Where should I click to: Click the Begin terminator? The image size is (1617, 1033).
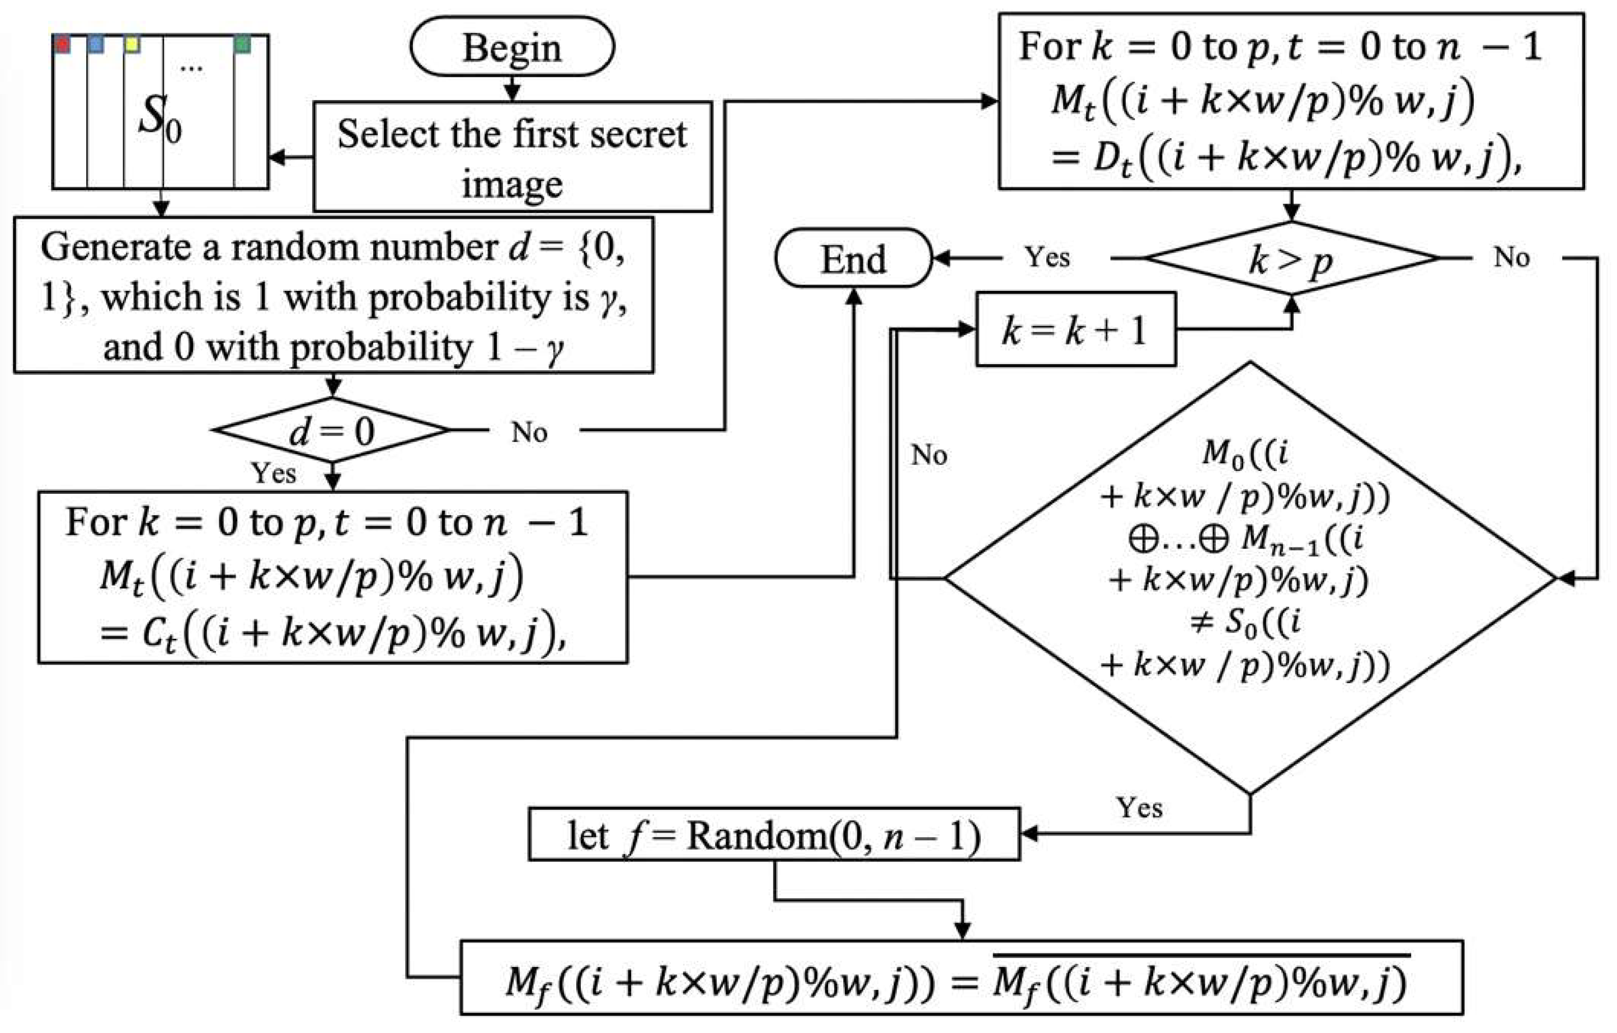tap(512, 47)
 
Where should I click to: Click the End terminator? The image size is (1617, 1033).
tap(853, 258)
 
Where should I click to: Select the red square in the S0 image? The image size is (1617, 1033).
tap(63, 44)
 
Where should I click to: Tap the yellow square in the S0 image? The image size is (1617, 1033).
tap(132, 44)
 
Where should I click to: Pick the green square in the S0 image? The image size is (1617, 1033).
tap(242, 44)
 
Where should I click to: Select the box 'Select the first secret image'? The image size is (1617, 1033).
tap(512, 157)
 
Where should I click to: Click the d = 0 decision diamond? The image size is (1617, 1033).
tap(332, 430)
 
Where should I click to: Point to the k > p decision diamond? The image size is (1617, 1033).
tap(1291, 258)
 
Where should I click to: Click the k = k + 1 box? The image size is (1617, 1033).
tap(1075, 329)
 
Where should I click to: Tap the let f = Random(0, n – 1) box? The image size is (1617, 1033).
tap(774, 836)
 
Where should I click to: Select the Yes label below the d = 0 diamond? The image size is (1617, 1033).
tap(273, 473)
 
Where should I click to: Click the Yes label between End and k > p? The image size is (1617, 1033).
tap(1047, 257)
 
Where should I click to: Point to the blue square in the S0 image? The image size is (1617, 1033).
tap(96, 44)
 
